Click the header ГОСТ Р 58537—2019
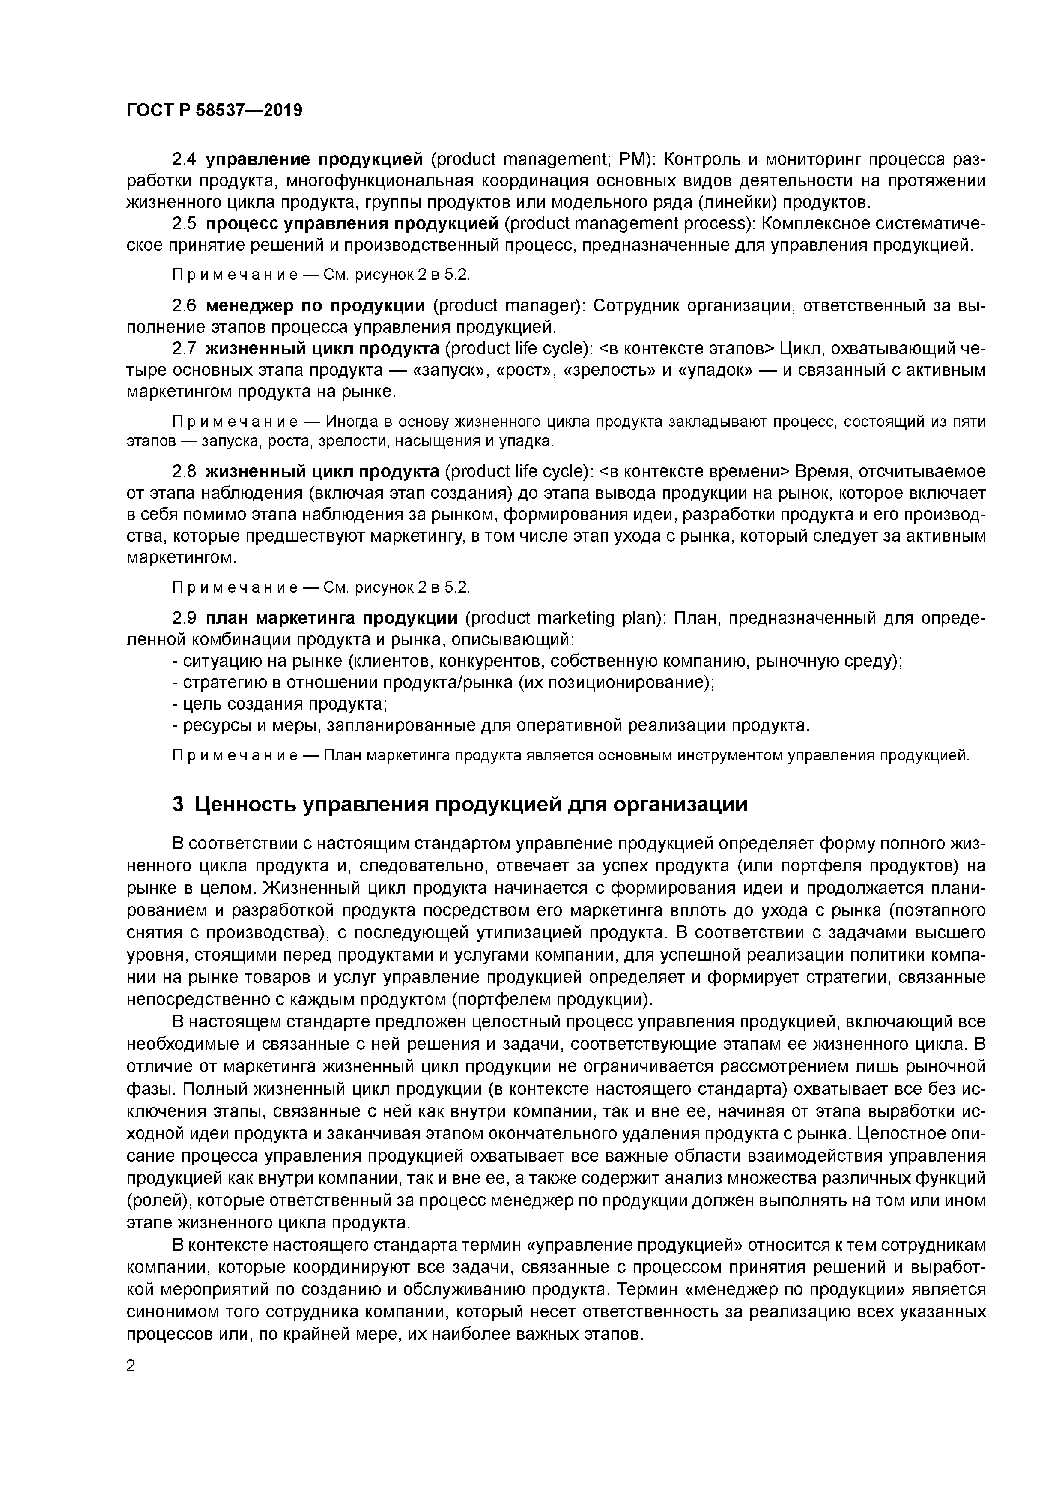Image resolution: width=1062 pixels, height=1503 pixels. coord(214,111)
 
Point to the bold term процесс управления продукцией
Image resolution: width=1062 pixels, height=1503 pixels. coord(352,224)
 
